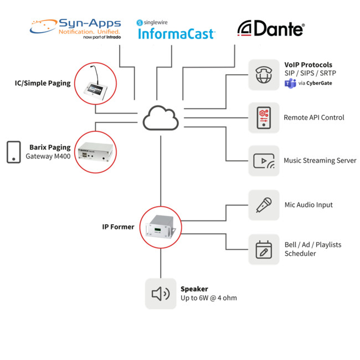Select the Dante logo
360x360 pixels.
(x=270, y=28)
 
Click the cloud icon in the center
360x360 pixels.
(x=161, y=117)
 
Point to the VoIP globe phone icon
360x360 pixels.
(x=264, y=74)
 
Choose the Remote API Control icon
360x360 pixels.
(x=264, y=117)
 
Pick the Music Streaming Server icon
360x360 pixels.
(x=264, y=161)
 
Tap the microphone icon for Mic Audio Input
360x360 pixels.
(x=264, y=205)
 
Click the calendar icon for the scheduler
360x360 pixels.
(x=264, y=249)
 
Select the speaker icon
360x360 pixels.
(x=161, y=293)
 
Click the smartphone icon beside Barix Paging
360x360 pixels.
(x=14, y=152)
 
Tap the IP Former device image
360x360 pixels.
(x=161, y=226)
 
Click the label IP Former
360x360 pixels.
(x=118, y=227)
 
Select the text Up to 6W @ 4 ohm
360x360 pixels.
(x=208, y=298)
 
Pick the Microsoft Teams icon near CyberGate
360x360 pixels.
(x=290, y=83)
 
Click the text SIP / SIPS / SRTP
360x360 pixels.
(x=310, y=74)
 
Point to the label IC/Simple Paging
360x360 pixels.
(x=43, y=83)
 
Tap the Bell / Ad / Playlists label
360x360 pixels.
(x=312, y=244)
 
